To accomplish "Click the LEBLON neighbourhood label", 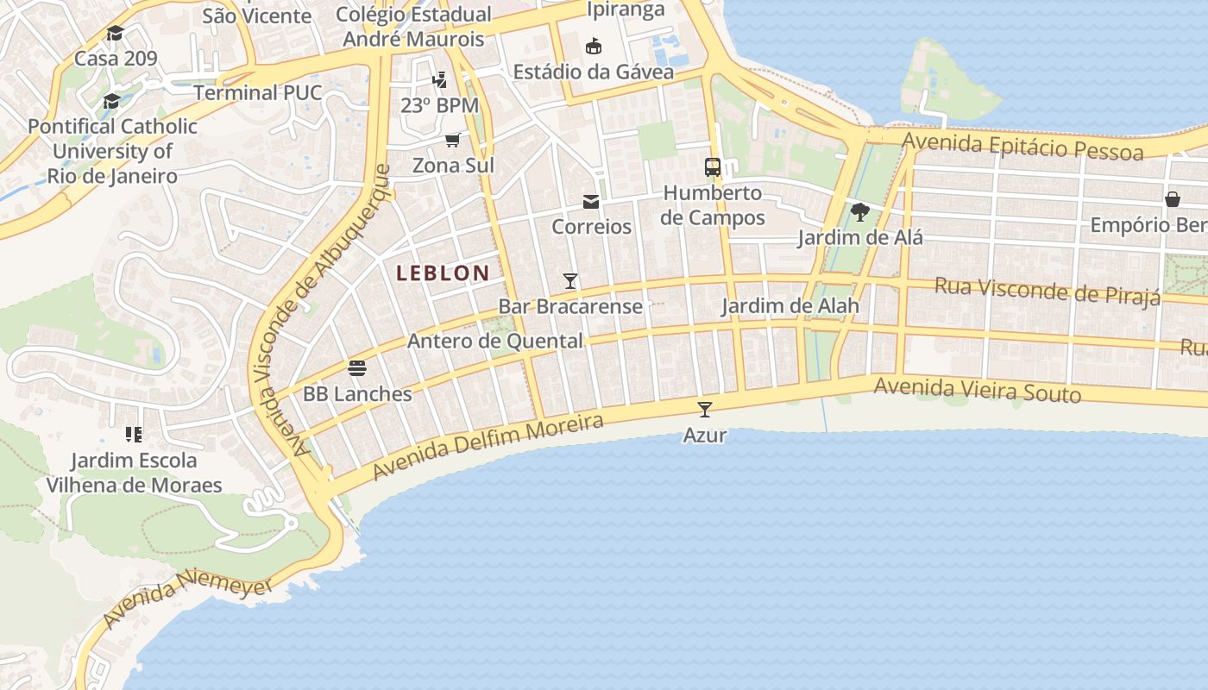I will tap(443, 273).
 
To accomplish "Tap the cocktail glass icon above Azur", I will tap(705, 409).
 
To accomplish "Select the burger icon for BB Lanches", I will tap(357, 368).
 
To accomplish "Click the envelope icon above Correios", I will tap(591, 202).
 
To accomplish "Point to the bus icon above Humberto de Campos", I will tap(713, 167).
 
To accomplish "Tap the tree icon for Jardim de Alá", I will tap(859, 212).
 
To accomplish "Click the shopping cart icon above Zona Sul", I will tap(453, 140).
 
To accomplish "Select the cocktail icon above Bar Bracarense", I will tap(570, 280).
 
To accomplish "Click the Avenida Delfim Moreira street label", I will tap(488, 447).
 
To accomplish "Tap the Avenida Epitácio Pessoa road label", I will tap(1022, 146).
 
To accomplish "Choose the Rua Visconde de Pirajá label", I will tap(1048, 291).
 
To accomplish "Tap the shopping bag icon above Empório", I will tap(1173, 200).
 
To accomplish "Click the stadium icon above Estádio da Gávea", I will tap(594, 47).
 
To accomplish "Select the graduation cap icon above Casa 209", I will tap(115, 34).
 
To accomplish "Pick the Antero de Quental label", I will tap(495, 341).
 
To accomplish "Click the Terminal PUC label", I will tap(258, 92).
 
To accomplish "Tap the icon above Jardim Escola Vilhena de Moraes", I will tap(133, 434).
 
